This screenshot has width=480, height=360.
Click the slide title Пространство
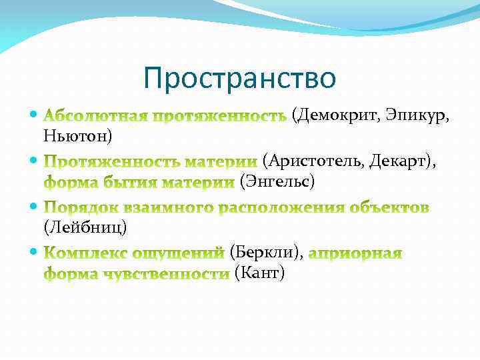(240, 79)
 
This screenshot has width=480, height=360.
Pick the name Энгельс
(276, 181)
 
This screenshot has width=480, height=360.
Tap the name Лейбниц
(85, 227)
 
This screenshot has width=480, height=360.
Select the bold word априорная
(356, 253)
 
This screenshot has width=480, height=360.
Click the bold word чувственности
(169, 273)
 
